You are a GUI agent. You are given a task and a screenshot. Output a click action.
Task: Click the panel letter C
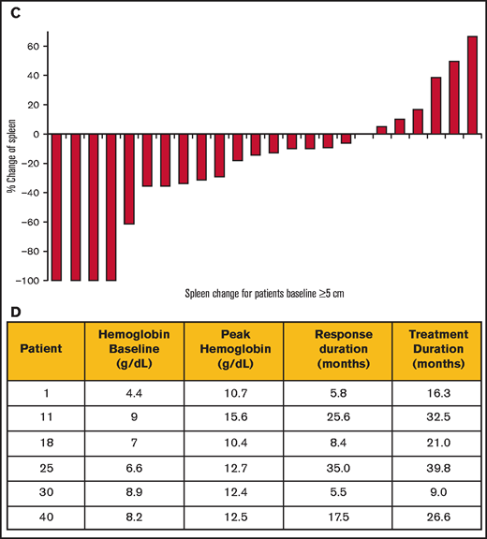click(x=13, y=8)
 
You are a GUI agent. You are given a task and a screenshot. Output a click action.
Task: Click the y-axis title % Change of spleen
click(x=11, y=163)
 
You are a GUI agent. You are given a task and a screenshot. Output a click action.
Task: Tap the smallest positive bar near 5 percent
click(x=381, y=130)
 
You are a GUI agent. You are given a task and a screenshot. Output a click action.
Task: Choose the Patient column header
click(x=45, y=349)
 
